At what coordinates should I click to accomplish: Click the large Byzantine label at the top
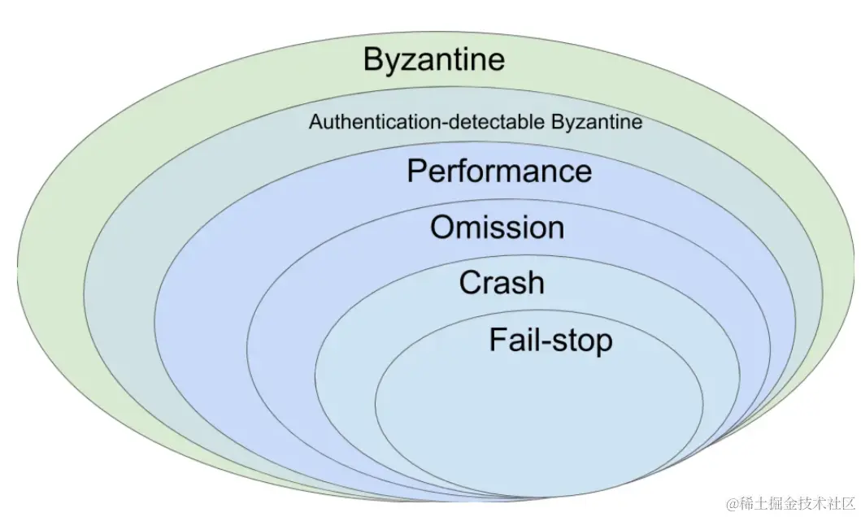pos(433,60)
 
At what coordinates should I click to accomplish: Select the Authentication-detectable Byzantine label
pos(475,123)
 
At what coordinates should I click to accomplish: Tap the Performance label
pos(498,172)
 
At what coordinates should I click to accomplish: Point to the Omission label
pos(497,228)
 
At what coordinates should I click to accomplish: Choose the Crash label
pos(501,283)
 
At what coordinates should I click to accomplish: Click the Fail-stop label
pos(550,340)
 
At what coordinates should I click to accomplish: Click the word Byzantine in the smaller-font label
pos(597,123)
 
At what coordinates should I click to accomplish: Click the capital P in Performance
pos(416,172)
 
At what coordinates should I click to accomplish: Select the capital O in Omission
pos(441,228)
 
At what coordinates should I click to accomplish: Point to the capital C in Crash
pos(469,283)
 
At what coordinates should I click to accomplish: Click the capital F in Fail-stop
pos(497,339)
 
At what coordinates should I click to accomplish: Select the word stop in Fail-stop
pos(582,341)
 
